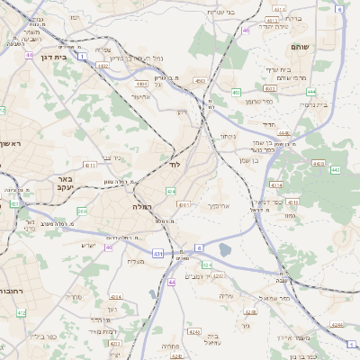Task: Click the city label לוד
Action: (x=173, y=166)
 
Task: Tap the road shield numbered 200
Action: (x=82, y=211)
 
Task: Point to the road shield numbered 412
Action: (x=22, y=312)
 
